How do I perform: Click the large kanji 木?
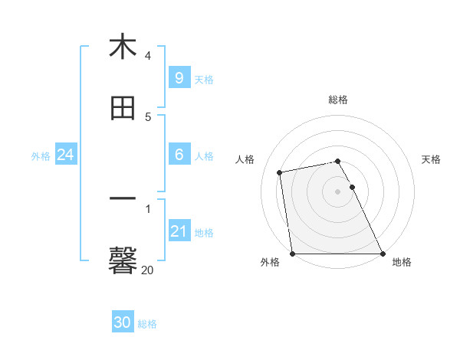point(123,47)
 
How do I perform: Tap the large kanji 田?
point(123,109)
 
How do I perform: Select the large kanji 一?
point(123,201)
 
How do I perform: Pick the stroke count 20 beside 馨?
point(148,270)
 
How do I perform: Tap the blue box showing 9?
point(179,77)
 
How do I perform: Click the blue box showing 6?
point(179,155)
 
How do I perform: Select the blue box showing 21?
point(179,231)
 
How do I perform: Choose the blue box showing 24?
point(65,155)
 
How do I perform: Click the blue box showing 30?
point(123,322)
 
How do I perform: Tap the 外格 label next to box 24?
point(41,156)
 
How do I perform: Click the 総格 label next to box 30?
point(148,324)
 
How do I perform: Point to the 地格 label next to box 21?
point(204,233)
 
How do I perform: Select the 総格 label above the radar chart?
point(338,100)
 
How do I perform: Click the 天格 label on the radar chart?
point(432,159)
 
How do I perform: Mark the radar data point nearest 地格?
point(383,254)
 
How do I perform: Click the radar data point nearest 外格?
point(292,254)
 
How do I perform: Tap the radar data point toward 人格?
point(281,172)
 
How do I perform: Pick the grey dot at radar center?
point(337,191)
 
